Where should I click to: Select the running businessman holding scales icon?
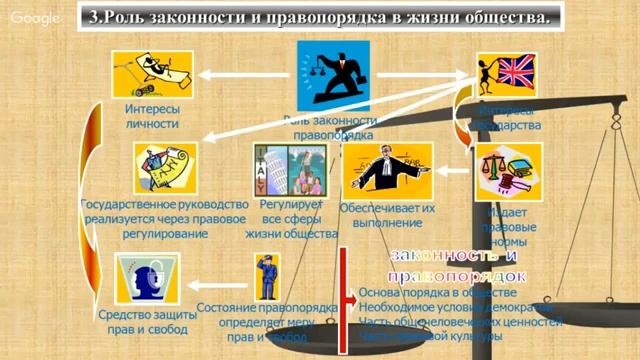332,73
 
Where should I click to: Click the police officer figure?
266,277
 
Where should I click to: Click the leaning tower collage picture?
289,169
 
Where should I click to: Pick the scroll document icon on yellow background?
165,167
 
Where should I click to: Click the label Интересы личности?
152,116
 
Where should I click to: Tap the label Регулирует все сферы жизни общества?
291,218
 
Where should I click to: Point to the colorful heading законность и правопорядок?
457,264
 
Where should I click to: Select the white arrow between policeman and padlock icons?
213,282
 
